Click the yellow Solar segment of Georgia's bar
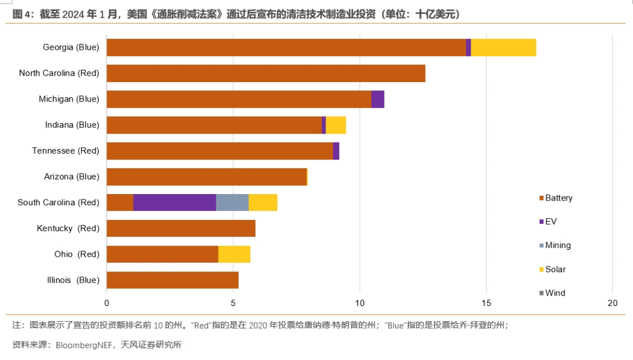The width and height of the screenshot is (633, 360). tap(503, 47)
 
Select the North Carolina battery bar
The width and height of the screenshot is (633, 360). tap(266, 73)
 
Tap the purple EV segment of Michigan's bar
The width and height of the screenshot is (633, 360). tap(378, 99)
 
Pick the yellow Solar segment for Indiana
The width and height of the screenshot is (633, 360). tap(336, 125)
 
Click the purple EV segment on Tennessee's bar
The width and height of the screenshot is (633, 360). tap(336, 151)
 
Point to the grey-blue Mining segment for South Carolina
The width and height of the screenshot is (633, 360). tap(232, 202)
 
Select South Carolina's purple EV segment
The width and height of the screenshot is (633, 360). tap(175, 202)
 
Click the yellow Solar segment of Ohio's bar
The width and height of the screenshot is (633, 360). tap(234, 254)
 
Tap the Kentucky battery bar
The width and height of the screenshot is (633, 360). tap(181, 228)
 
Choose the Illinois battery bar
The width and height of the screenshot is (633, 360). tap(172, 280)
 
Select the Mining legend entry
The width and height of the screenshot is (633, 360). tap(557, 246)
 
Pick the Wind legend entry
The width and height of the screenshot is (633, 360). tap(554, 293)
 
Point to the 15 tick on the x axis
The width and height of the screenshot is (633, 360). tap(486, 303)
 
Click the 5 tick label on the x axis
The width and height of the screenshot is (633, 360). tap(233, 303)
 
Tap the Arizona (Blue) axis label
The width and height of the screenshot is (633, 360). tap(72, 176)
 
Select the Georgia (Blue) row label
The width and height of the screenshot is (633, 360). tap(71, 47)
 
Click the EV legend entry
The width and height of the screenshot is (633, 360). tap(550, 222)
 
